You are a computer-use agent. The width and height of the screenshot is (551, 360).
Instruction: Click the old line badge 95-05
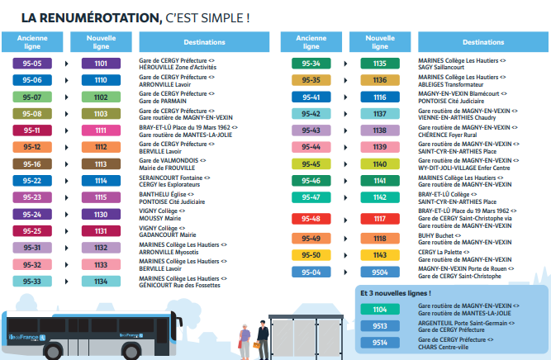32,63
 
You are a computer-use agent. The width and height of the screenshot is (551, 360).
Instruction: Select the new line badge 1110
101,80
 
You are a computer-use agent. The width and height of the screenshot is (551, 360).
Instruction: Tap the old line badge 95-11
32,130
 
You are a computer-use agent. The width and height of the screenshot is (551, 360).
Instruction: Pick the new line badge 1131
101,231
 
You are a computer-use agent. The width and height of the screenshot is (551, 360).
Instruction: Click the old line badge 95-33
32,282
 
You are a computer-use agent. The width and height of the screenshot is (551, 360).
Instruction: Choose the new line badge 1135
380,63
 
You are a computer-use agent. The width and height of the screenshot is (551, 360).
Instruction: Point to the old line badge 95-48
311,219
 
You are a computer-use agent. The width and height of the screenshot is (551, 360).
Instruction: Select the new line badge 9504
380,272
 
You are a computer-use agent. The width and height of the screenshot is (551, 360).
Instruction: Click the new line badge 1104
380,309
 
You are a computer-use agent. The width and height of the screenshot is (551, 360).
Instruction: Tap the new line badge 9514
380,343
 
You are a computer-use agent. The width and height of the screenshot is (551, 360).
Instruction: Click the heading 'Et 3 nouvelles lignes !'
396,293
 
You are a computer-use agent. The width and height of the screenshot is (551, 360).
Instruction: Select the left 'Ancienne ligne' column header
32,41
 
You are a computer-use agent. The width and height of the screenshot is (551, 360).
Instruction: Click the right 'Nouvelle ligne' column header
380,41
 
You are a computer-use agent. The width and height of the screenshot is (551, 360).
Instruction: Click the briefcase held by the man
262,343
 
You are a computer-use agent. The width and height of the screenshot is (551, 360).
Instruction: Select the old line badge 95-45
311,163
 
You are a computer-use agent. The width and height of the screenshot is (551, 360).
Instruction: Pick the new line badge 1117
380,219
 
